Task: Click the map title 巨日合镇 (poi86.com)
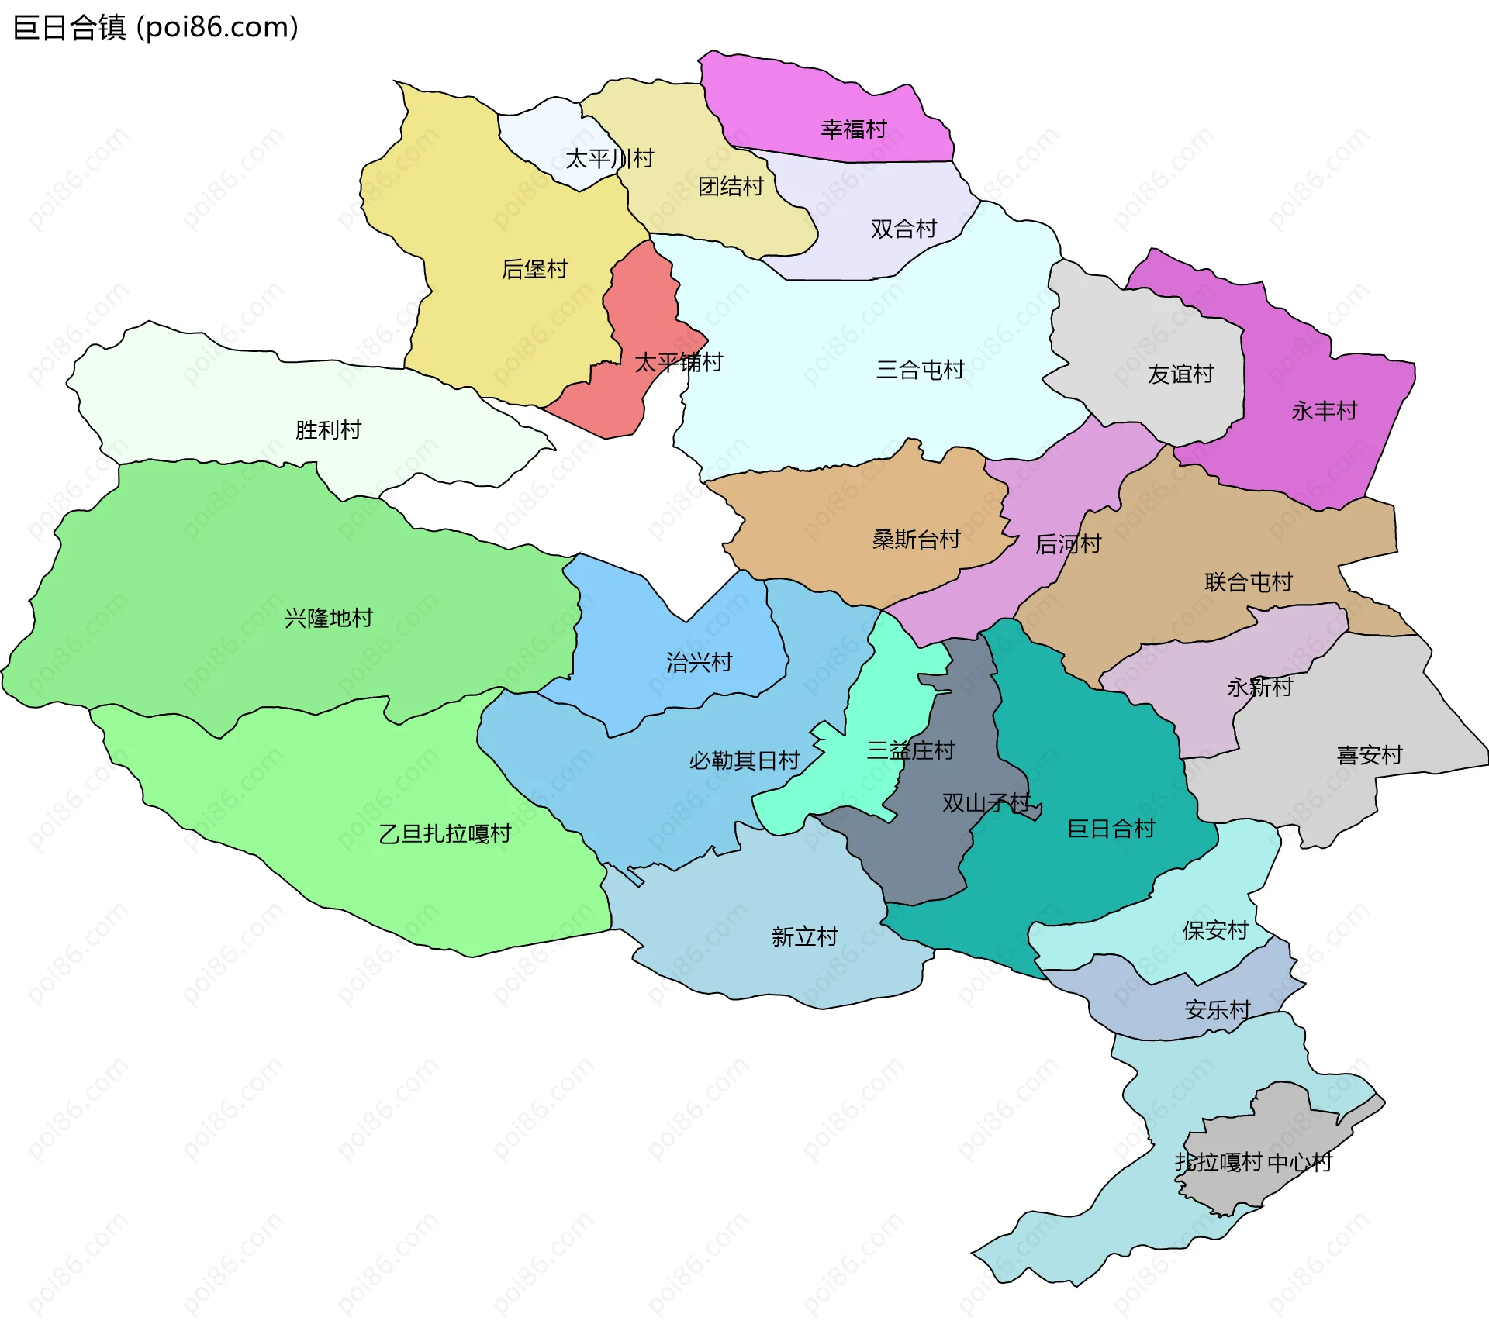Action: point(155,27)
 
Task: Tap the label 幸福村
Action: point(853,129)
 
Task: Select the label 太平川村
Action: point(609,159)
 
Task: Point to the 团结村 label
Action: point(731,187)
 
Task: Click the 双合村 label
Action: point(903,229)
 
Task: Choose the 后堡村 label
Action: point(534,269)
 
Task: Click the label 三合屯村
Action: point(920,370)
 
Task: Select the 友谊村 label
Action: point(1180,374)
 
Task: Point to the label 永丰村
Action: point(1324,411)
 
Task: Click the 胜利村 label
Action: point(328,429)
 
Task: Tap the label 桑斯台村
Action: point(916,539)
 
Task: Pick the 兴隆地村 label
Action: point(328,618)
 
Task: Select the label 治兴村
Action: point(699,662)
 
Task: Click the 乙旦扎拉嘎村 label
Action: point(444,833)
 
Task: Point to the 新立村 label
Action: point(804,936)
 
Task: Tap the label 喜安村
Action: point(1369,754)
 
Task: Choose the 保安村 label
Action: point(1214,930)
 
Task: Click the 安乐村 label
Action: point(1217,1009)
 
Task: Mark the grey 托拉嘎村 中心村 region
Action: point(1272,1140)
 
